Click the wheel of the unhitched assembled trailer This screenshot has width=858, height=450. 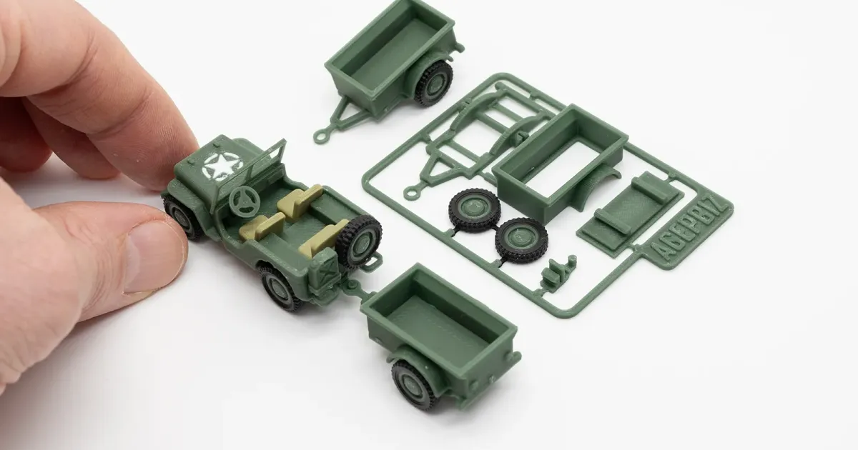point(434,82)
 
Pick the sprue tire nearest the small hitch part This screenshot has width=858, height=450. point(522,239)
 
